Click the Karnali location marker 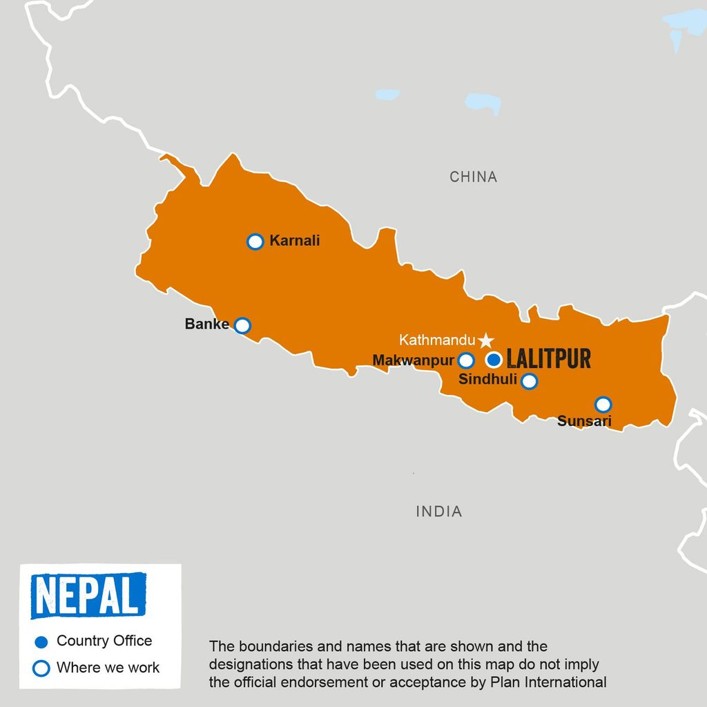pyautogui.click(x=255, y=242)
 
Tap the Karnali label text pyautogui.click(x=295, y=242)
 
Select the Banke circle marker pyautogui.click(x=242, y=325)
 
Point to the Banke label pyautogui.click(x=206, y=324)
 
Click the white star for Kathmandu pyautogui.click(x=486, y=340)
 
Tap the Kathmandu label pyautogui.click(x=437, y=340)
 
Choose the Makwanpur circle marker pyautogui.click(x=466, y=360)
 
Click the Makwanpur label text pyautogui.click(x=413, y=360)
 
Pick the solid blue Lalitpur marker pyautogui.click(x=494, y=360)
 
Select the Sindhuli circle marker pyautogui.click(x=529, y=381)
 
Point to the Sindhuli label pyautogui.click(x=487, y=379)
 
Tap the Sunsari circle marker pyautogui.click(x=603, y=404)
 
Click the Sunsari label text pyautogui.click(x=584, y=421)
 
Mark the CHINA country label pyautogui.click(x=473, y=177)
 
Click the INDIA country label pyautogui.click(x=439, y=512)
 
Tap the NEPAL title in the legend pyautogui.click(x=88, y=595)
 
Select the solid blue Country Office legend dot pyautogui.click(x=41, y=642)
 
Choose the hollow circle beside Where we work pyautogui.click(x=41, y=668)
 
